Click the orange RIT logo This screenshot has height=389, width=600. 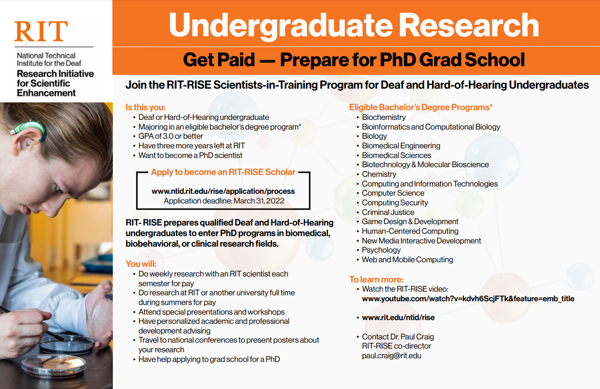(41, 31)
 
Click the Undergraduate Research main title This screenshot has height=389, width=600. (354, 26)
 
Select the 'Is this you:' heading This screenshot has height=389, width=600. (145, 107)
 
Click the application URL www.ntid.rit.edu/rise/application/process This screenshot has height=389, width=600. (223, 191)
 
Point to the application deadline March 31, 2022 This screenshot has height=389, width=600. (224, 201)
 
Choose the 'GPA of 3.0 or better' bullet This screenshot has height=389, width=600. (171, 136)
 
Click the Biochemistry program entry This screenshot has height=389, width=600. (383, 117)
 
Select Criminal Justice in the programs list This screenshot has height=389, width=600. (388, 212)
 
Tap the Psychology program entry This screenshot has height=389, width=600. (381, 250)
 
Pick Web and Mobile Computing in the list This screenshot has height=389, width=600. (407, 259)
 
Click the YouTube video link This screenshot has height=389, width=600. (468, 299)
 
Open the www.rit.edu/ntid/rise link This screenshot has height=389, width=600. (398, 317)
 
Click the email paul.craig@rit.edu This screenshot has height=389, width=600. (391, 355)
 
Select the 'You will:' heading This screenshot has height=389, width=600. (141, 264)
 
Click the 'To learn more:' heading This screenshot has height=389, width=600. (376, 279)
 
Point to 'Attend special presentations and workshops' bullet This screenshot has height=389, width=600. (211, 312)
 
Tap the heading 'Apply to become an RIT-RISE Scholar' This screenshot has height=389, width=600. (223, 172)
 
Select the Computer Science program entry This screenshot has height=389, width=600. (393, 193)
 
